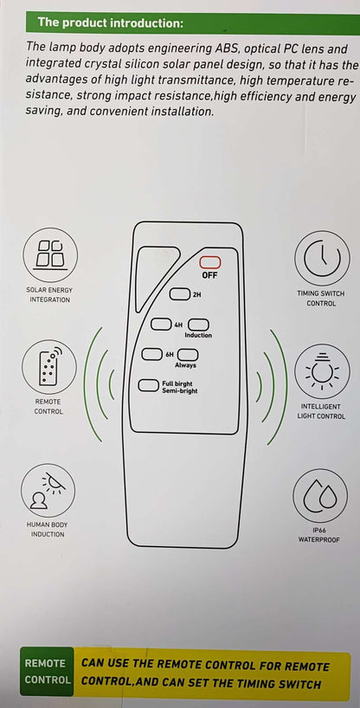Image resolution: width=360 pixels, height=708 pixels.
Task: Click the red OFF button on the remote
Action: click(210, 263)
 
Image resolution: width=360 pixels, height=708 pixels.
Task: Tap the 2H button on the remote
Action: click(179, 294)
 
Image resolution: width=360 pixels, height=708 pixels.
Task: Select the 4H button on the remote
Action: click(161, 324)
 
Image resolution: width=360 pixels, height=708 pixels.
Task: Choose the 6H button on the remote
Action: click(151, 354)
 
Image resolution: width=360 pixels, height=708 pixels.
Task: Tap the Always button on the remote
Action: click(188, 355)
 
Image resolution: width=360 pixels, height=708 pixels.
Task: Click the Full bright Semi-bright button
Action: click(148, 385)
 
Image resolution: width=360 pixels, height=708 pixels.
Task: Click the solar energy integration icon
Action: click(50, 255)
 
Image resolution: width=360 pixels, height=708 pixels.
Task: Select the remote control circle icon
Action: click(49, 367)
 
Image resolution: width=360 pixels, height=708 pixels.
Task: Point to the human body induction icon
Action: click(48, 491)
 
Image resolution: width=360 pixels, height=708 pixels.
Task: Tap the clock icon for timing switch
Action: click(322, 258)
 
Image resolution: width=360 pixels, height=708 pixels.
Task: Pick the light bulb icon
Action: click(322, 371)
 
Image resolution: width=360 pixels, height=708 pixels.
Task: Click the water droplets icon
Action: click(320, 496)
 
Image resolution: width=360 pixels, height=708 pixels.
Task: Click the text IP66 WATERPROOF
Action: click(319, 535)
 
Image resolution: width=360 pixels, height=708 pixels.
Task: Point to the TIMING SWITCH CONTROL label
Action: click(321, 299)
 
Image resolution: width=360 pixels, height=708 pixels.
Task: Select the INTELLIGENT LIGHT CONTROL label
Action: click(321, 411)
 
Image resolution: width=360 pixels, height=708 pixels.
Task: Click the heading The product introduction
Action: click(111, 23)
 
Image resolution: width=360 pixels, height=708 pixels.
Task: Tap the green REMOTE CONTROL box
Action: click(47, 672)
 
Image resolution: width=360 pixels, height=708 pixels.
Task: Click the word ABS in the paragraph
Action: click(222, 48)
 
